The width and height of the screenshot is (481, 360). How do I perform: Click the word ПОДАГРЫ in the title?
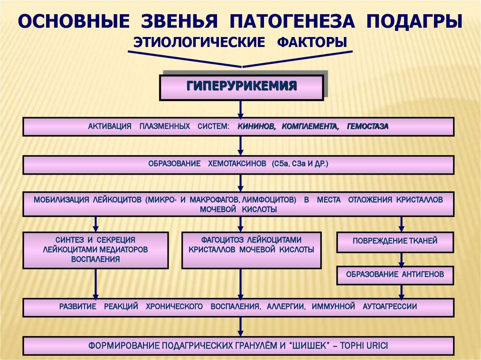(414, 22)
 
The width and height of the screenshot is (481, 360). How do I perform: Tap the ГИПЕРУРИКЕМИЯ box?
(241, 86)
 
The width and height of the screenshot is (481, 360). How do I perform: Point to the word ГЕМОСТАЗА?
(368, 127)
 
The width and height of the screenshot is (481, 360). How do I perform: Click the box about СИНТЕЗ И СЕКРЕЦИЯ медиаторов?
(95, 249)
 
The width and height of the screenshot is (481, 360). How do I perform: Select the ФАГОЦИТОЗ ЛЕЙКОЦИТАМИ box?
(251, 249)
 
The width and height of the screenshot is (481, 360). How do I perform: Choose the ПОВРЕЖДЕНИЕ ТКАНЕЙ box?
(395, 241)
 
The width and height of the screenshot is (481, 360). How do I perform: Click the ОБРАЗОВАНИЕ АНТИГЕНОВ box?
(395, 274)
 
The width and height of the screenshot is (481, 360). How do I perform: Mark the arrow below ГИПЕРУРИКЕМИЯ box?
(240, 109)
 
